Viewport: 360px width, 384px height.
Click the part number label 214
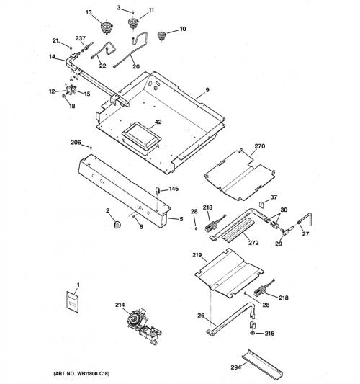click(x=120, y=305)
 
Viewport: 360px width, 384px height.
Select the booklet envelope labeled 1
click(x=73, y=302)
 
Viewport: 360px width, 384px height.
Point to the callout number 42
click(x=158, y=122)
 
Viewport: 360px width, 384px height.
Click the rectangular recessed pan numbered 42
click(x=141, y=136)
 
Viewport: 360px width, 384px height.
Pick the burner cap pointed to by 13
click(x=107, y=27)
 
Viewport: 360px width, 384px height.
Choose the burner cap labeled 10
click(x=161, y=36)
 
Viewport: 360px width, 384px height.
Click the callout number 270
click(x=260, y=146)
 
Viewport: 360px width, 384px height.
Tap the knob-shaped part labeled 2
click(x=117, y=224)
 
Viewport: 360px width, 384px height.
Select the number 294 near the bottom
click(x=235, y=367)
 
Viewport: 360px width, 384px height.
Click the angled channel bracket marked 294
click(x=262, y=364)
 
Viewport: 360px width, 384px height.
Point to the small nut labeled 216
click(x=253, y=333)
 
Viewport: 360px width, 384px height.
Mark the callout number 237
click(x=80, y=38)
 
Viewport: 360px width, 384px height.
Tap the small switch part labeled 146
click(x=158, y=190)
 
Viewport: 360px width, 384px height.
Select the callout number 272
click(x=253, y=243)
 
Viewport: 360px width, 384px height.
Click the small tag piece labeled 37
click(x=261, y=204)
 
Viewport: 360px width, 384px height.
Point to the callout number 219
click(x=197, y=255)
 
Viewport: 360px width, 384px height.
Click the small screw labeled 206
click(x=91, y=148)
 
